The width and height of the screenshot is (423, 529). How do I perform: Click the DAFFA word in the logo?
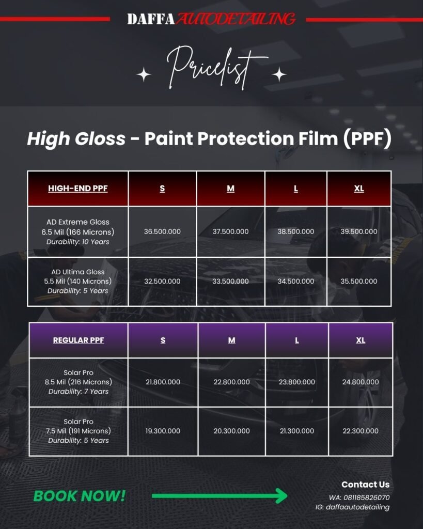click(x=151, y=19)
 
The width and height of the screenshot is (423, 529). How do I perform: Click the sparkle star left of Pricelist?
click(x=144, y=74)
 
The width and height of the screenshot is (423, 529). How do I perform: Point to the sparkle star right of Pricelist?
click(x=279, y=74)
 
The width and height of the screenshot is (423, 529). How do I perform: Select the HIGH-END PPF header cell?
click(x=78, y=189)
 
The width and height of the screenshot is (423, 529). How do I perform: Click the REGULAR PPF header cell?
click(x=79, y=340)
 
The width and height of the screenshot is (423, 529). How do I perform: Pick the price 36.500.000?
click(x=162, y=231)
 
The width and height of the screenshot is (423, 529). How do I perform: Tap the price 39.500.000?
click(x=359, y=231)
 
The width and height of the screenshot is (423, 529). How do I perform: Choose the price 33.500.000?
click(x=230, y=281)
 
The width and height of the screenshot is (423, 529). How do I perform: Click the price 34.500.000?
click(x=296, y=281)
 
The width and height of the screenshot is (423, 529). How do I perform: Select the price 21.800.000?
click(x=163, y=382)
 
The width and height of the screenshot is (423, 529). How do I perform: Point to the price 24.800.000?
click(x=361, y=382)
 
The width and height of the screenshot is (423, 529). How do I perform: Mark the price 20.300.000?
click(x=232, y=431)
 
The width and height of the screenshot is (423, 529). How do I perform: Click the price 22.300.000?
click(x=361, y=431)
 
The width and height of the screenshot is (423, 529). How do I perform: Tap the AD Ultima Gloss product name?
click(x=78, y=272)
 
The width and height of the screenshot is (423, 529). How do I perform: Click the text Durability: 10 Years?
click(x=78, y=242)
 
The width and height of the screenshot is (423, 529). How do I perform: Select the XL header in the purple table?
click(x=361, y=340)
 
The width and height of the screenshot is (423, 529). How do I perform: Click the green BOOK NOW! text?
click(x=79, y=496)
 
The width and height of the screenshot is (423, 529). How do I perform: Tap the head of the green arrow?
click(x=281, y=496)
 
